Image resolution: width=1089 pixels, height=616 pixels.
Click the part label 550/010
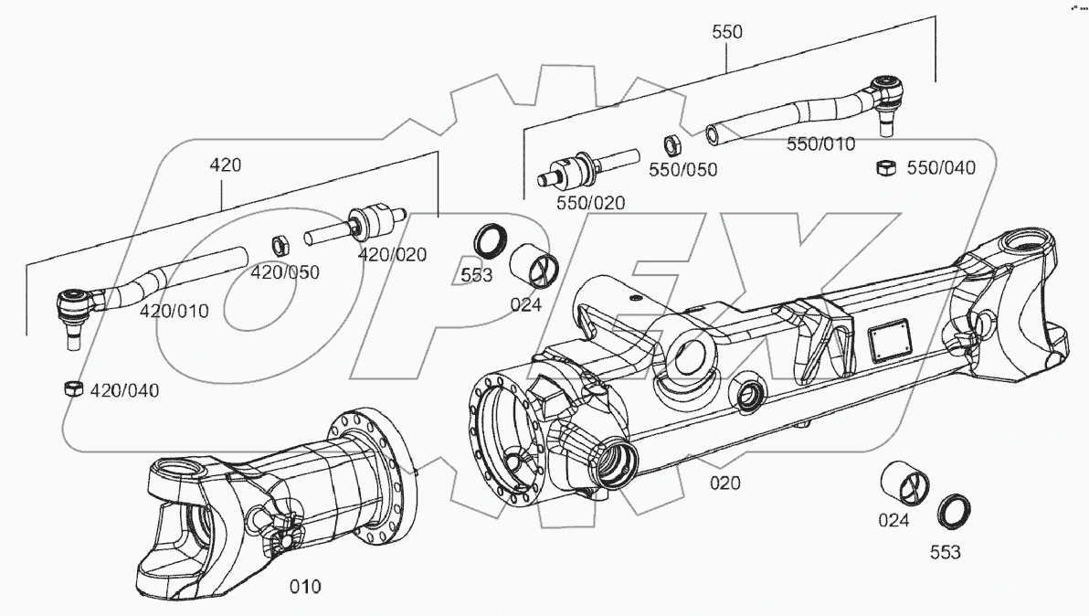(821, 143)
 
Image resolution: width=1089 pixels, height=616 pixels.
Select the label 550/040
(941, 168)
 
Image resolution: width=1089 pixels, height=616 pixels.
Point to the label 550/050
(682, 169)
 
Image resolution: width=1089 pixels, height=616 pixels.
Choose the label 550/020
(590, 203)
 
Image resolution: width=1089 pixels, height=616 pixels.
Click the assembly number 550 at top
(727, 32)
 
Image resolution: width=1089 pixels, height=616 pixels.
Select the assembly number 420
(225, 165)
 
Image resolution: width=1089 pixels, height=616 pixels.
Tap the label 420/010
(174, 311)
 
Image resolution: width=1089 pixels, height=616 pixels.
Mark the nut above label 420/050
(281, 245)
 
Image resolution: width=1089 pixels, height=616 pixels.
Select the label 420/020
(391, 254)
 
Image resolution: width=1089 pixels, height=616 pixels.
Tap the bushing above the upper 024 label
(536, 265)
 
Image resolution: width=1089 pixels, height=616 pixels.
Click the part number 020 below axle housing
(725, 483)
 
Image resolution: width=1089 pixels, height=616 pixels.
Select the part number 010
(304, 586)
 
